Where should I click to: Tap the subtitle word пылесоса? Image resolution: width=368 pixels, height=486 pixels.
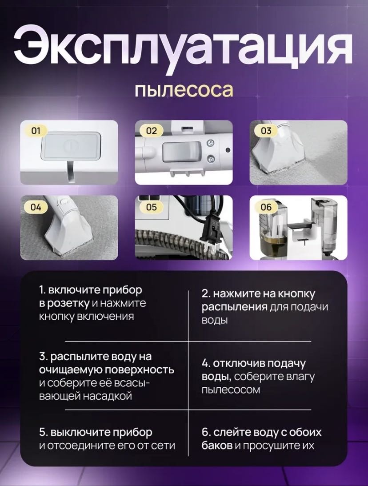184,89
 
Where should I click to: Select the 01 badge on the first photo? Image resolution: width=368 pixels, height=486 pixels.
36,131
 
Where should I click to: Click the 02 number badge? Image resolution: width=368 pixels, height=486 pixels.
151,131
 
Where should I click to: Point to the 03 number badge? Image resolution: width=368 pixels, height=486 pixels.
266,131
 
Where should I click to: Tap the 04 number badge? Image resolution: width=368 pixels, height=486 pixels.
36,207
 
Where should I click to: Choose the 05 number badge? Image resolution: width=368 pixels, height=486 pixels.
151,207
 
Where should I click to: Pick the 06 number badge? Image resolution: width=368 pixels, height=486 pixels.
266,207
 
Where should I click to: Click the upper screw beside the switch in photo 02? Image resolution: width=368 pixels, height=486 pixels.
211,143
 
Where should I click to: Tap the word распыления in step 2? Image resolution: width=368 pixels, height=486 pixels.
235,307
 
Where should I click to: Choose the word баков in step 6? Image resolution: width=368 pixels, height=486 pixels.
217,446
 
